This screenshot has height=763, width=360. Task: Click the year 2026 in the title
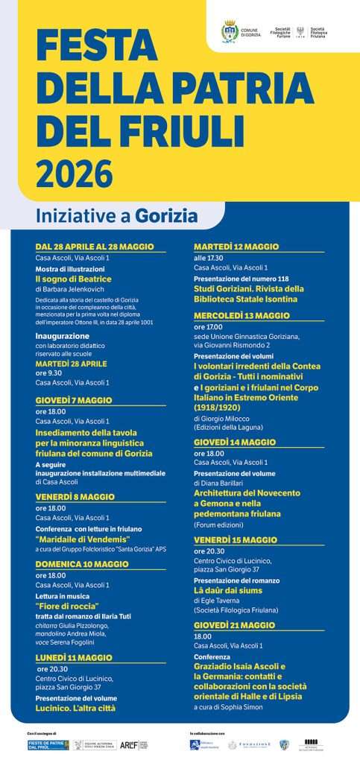pos(75,174)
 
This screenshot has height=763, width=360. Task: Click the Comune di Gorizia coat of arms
pos(230,31)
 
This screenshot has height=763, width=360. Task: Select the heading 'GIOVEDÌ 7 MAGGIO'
pos(74,400)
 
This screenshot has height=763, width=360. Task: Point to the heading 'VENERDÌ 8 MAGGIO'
pos(75,496)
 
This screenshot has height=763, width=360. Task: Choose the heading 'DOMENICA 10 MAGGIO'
pos(82,564)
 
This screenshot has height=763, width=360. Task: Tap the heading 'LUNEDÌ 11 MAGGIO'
pos(75,658)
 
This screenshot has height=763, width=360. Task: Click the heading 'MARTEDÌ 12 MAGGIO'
pos(236,246)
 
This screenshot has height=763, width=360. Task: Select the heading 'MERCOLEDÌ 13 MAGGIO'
pos(241,315)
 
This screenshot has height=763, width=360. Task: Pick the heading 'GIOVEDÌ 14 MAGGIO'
pos(235,442)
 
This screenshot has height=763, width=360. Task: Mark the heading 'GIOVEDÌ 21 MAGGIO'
pos(234,625)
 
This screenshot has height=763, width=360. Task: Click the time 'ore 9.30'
pos(49,373)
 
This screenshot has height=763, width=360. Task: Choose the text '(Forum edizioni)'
pos(218,525)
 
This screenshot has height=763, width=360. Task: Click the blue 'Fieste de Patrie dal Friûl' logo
pos(48,744)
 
